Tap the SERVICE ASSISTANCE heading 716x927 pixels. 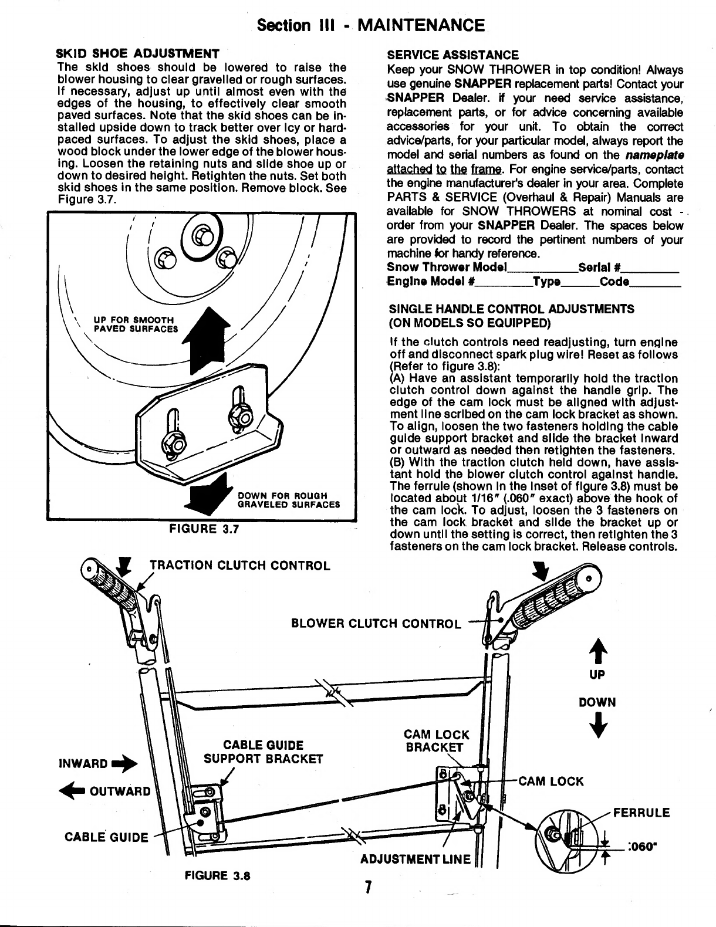coord(452,56)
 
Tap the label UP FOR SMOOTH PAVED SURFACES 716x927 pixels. coord(136,324)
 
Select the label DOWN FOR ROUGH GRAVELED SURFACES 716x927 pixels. coord(288,499)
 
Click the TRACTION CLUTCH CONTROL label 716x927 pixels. coord(240,565)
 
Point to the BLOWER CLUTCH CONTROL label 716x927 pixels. coord(376,622)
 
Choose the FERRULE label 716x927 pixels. coord(641,813)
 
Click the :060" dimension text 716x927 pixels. coord(641,847)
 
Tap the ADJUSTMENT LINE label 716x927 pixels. coord(416,860)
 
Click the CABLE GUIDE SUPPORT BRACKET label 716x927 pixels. coord(263,752)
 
